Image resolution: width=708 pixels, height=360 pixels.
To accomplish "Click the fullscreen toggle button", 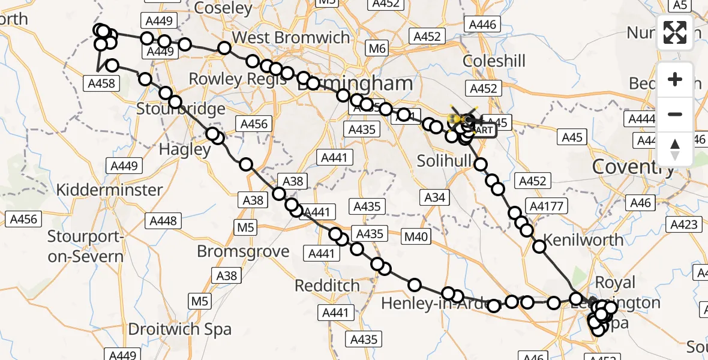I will (675, 32).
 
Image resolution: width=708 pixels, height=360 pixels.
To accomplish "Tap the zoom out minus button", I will (675, 114).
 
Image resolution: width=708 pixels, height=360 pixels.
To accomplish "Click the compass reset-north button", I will (675, 149).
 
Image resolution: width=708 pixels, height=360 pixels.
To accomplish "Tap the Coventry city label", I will (633, 167).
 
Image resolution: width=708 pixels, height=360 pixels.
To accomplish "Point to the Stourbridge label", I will (181, 109).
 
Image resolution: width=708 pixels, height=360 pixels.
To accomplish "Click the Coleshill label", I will (494, 61).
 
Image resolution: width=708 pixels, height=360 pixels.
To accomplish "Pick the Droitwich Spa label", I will (180, 329).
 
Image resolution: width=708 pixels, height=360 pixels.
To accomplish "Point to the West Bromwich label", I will (290, 37).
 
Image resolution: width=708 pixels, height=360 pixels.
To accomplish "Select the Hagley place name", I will (184, 149).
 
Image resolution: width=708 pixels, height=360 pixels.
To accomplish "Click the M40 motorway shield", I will (416, 237).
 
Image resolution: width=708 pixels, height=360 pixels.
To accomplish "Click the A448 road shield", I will (164, 221).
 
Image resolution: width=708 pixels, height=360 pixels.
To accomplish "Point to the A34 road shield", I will (434, 197).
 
